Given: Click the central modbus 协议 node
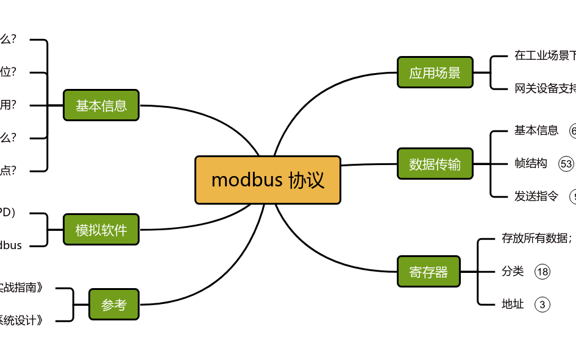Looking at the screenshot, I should [x=268, y=180].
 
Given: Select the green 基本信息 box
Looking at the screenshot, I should [x=101, y=105].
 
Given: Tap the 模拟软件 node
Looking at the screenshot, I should [x=101, y=230].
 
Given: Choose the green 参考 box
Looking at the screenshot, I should [x=114, y=305].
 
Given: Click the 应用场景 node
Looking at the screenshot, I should [x=435, y=73].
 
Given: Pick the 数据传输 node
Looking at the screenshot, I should [x=435, y=164].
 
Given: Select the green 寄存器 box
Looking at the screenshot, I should [x=428, y=272].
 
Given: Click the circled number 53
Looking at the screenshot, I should [x=566, y=163].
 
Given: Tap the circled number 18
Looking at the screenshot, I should [x=542, y=272].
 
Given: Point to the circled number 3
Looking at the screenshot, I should [x=542, y=304].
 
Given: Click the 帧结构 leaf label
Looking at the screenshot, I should [x=531, y=163].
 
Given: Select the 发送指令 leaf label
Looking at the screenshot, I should [x=536, y=196].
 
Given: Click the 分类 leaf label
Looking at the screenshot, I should [x=513, y=271].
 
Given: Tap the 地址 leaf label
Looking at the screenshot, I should [x=513, y=304].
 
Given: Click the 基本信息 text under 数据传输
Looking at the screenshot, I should [x=536, y=130].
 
